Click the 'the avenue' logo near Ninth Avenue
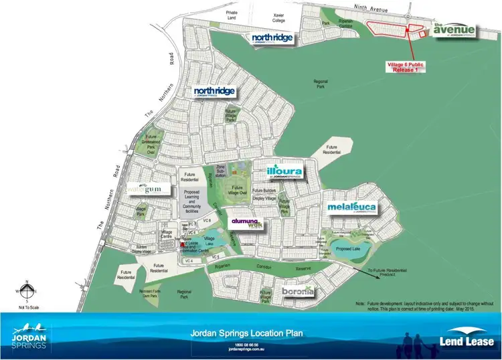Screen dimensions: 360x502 coord(454,30)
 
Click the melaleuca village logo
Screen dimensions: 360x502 coord(352,209)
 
